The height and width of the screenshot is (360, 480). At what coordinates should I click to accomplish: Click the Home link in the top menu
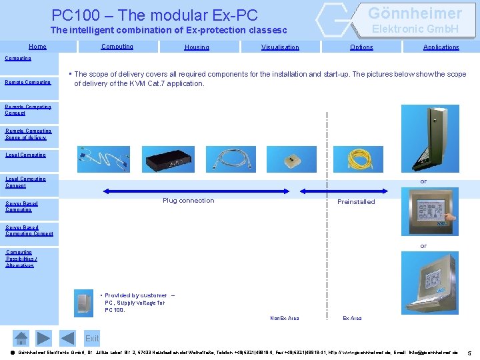tap(37, 47)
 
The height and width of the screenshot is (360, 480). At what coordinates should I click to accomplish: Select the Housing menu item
tap(197, 47)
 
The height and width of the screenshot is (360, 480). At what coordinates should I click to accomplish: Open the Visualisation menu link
tap(280, 47)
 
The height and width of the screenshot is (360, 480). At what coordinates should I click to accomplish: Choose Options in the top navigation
tap(361, 47)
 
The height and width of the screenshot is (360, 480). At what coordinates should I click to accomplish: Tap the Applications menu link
tap(441, 47)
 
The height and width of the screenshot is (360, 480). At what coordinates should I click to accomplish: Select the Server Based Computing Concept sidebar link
tap(29, 231)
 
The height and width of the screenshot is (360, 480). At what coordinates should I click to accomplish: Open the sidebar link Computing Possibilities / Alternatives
tap(20, 259)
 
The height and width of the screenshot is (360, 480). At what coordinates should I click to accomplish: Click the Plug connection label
tap(189, 201)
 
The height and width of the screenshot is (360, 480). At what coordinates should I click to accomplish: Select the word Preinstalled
tap(356, 202)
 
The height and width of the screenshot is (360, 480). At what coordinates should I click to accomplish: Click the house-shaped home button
tap(21, 338)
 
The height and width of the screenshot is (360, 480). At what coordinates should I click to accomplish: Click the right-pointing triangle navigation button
tap(43, 338)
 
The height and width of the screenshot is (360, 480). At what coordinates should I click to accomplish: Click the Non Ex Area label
tap(285, 319)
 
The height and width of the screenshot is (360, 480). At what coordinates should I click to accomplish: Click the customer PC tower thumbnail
tap(85, 303)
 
